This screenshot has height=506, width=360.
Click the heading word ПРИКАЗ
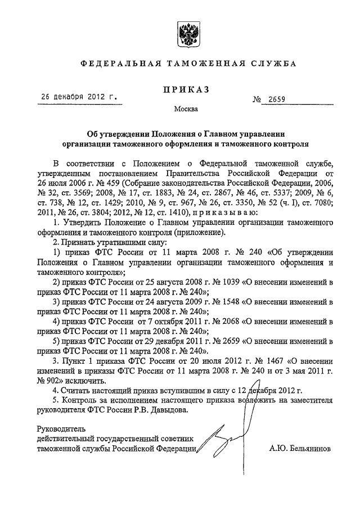coord(186,89)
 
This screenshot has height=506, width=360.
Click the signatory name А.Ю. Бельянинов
coord(301,449)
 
